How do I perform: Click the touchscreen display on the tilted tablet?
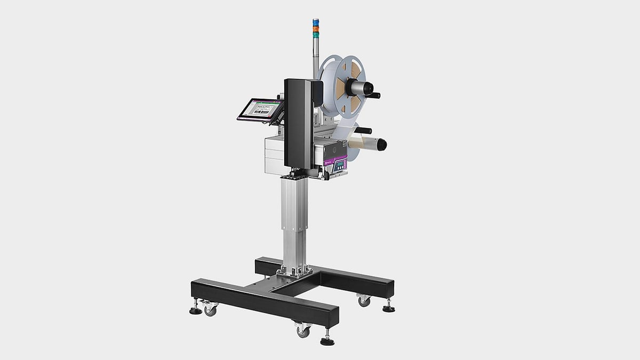tap(261, 110)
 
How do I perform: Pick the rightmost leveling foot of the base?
tap(388, 308)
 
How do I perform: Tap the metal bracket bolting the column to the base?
tap(294, 271)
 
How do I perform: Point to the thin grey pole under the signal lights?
tap(315, 59)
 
